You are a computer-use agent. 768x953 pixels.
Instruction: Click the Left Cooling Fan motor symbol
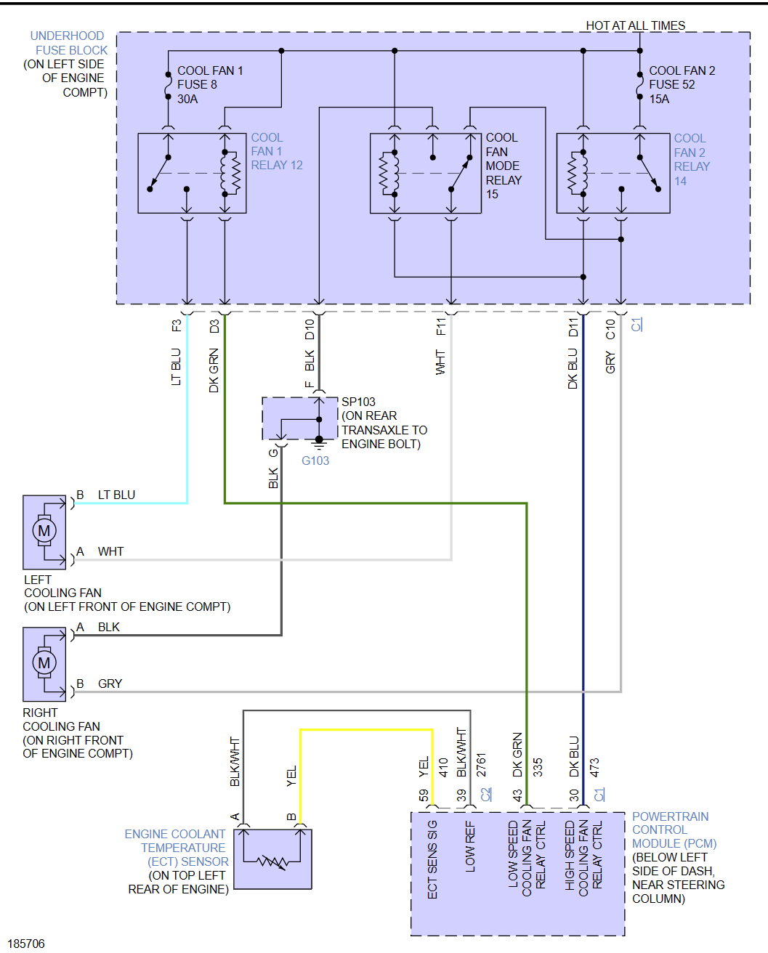(x=44, y=531)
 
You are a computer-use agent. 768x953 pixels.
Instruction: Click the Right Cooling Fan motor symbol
(x=44, y=662)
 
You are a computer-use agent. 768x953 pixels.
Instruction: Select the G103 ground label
(x=315, y=461)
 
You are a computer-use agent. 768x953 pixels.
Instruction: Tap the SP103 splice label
(x=358, y=402)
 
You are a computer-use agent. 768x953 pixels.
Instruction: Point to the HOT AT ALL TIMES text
(x=635, y=25)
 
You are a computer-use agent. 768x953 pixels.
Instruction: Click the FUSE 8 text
(x=197, y=84)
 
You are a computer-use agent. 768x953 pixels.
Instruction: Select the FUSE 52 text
(x=671, y=84)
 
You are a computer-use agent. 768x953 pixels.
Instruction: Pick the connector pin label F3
(x=177, y=326)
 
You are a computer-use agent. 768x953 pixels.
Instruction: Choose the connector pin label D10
(x=310, y=329)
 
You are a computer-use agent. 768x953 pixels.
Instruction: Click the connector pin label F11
(x=441, y=327)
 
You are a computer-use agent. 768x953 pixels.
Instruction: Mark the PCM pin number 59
(x=424, y=795)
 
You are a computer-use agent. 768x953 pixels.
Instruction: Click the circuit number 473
(x=594, y=768)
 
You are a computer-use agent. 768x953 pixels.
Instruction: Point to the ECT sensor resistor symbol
(x=272, y=862)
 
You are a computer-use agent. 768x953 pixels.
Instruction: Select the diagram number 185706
(x=27, y=944)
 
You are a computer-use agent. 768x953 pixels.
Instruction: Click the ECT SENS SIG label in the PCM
(x=432, y=859)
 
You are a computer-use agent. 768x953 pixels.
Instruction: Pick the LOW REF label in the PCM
(x=470, y=848)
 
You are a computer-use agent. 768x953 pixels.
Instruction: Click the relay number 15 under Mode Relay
(x=492, y=194)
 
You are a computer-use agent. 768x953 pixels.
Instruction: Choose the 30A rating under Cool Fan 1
(x=187, y=99)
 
